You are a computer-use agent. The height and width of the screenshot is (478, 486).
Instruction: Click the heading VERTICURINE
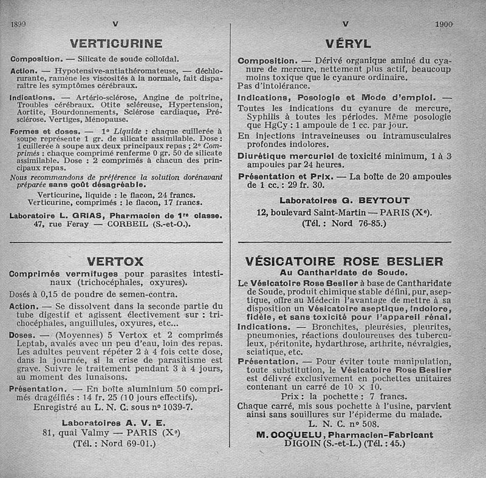click(x=115, y=43)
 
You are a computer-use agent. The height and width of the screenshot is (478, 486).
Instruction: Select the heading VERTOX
click(x=115, y=262)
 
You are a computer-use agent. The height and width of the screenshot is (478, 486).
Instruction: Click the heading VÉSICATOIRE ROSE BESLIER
click(x=344, y=261)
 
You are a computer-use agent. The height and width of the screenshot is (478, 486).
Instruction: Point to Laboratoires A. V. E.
click(x=114, y=423)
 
